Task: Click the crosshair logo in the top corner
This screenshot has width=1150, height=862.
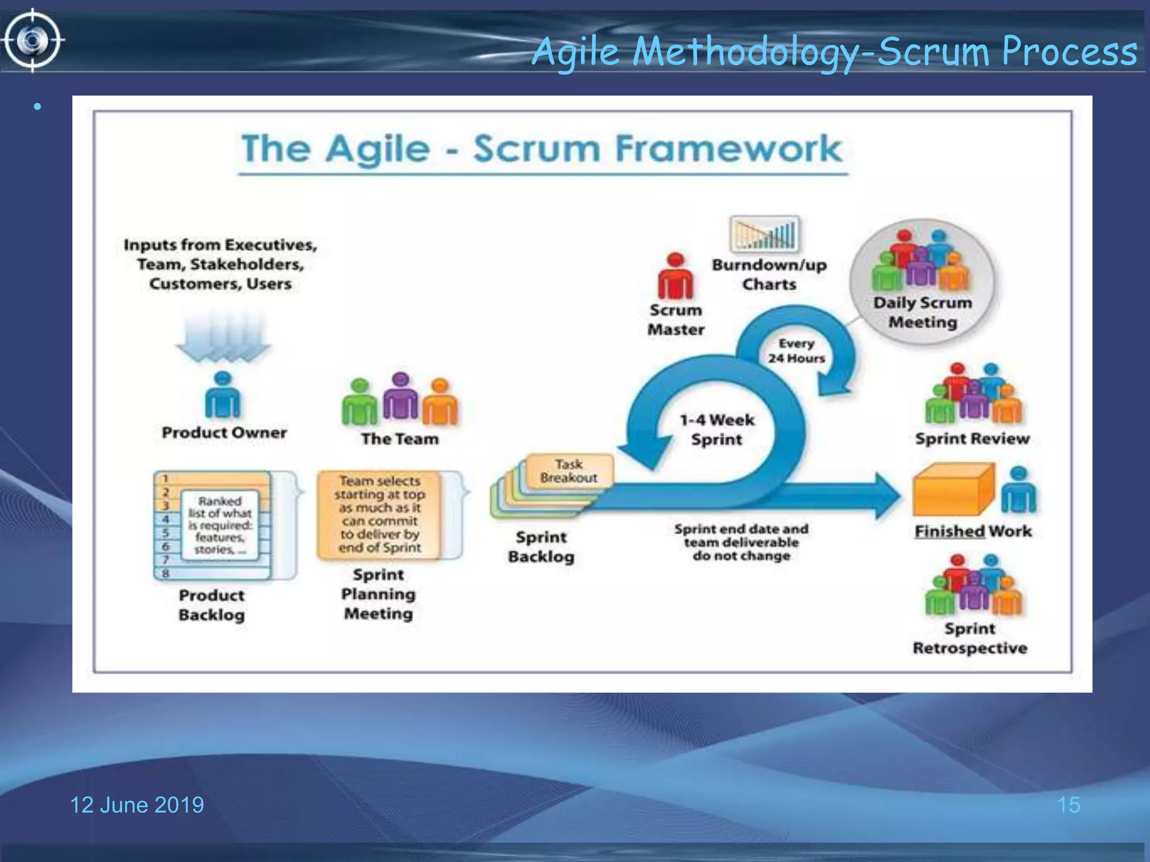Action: coord(32,40)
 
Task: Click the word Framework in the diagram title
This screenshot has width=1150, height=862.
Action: coord(728,149)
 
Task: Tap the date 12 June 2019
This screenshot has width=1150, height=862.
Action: coord(136,805)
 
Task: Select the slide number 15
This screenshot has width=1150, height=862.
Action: coord(1068,805)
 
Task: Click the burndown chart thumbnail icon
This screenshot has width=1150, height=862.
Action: coord(764,234)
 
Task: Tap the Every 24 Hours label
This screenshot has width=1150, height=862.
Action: coord(796,351)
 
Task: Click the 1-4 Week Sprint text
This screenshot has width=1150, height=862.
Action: coord(717,429)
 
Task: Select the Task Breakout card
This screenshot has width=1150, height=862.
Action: coord(569,471)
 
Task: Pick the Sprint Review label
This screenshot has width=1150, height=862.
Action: coord(972,438)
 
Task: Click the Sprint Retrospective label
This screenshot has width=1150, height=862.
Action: coord(970,638)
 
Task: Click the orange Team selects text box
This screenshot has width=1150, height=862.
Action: coord(380,513)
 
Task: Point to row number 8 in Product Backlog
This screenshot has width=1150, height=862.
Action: coord(166,574)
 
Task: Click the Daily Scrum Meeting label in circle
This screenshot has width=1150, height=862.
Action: coord(922,312)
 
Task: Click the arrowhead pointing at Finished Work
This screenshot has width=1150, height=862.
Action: coord(886,496)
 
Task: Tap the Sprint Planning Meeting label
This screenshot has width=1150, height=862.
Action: coord(378,594)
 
